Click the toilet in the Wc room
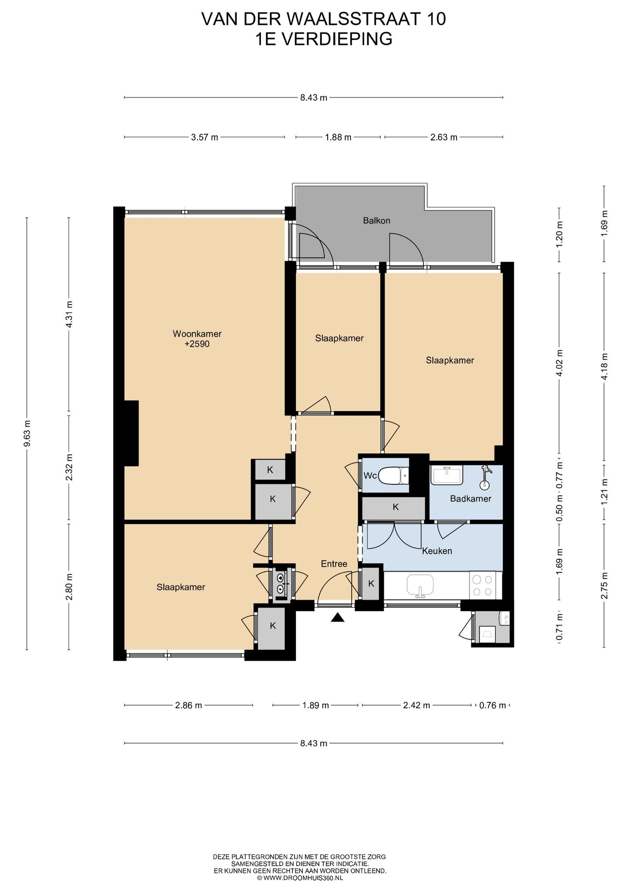(x=394, y=476)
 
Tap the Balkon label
(x=377, y=220)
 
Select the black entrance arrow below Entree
(x=338, y=617)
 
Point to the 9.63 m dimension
(x=27, y=434)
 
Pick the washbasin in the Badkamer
(x=447, y=475)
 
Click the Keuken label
(x=437, y=551)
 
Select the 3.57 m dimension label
(x=204, y=137)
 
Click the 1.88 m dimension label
(x=338, y=137)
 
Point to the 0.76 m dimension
(x=492, y=706)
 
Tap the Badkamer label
(x=471, y=499)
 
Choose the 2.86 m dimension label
(x=188, y=706)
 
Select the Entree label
(x=334, y=564)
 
